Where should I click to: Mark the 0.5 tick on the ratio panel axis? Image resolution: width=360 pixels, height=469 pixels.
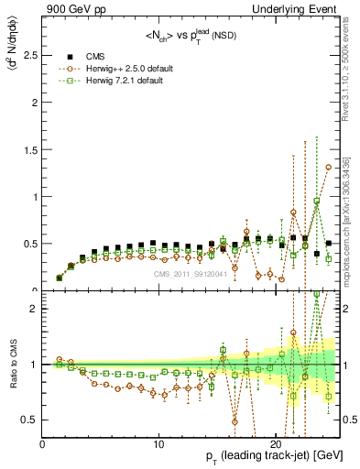pyautogui.click(x=31, y=420)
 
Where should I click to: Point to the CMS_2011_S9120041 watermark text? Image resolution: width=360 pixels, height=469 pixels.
pyautogui.click(x=190, y=274)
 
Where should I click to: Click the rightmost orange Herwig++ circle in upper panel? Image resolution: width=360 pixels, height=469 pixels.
pyautogui.click(x=329, y=168)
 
